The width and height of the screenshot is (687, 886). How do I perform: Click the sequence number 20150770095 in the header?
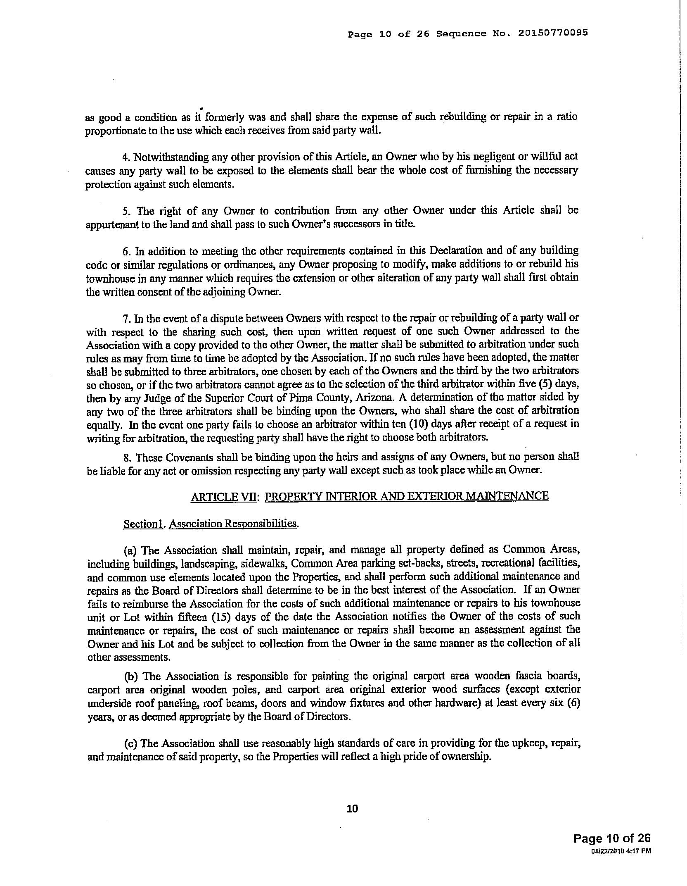point(553,33)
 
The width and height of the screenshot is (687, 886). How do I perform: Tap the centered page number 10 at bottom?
point(352,808)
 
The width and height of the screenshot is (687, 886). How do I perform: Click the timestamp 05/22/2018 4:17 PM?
point(621,850)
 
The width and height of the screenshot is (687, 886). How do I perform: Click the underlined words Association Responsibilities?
point(233,524)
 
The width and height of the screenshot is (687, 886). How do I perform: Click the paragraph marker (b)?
point(131,676)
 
